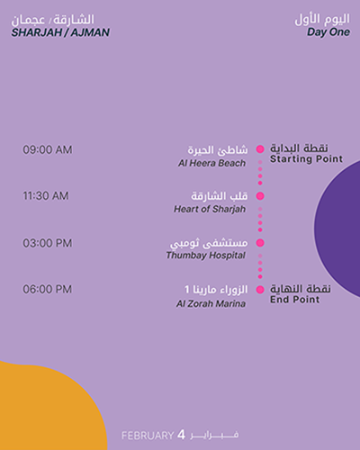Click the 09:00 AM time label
(48, 149)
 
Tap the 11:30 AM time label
(46, 196)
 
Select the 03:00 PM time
(48, 243)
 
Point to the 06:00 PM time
(48, 289)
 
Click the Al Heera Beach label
(211, 163)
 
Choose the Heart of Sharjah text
(210, 209)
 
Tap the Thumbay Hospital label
(206, 256)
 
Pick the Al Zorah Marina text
(211, 303)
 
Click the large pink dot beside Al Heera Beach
(260, 149)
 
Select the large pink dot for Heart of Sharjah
(260, 196)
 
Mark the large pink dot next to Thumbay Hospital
(260, 243)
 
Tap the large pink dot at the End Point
(260, 290)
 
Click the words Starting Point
(306, 159)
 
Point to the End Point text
(294, 300)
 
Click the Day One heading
(328, 32)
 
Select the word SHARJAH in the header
(37, 32)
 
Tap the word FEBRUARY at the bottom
(148, 436)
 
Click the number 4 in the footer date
(181, 435)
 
